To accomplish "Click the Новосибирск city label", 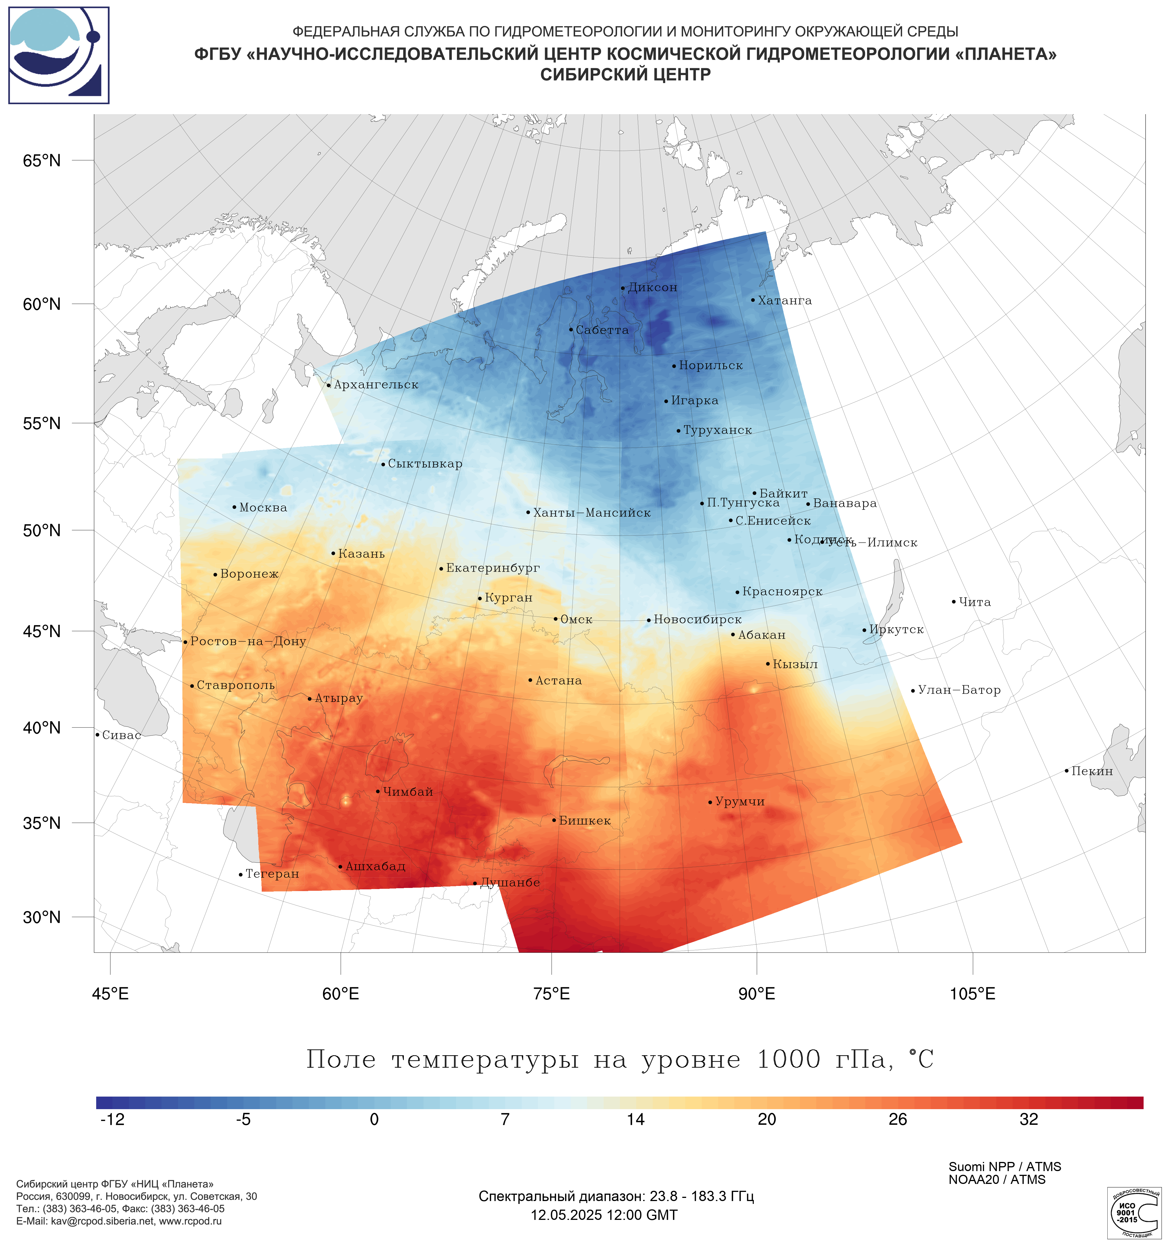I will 698,620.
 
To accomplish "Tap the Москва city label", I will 263,508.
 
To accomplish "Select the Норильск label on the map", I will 711,366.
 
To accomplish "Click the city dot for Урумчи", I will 710,802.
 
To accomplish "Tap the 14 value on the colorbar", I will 636,1120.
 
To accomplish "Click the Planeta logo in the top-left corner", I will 59,55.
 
